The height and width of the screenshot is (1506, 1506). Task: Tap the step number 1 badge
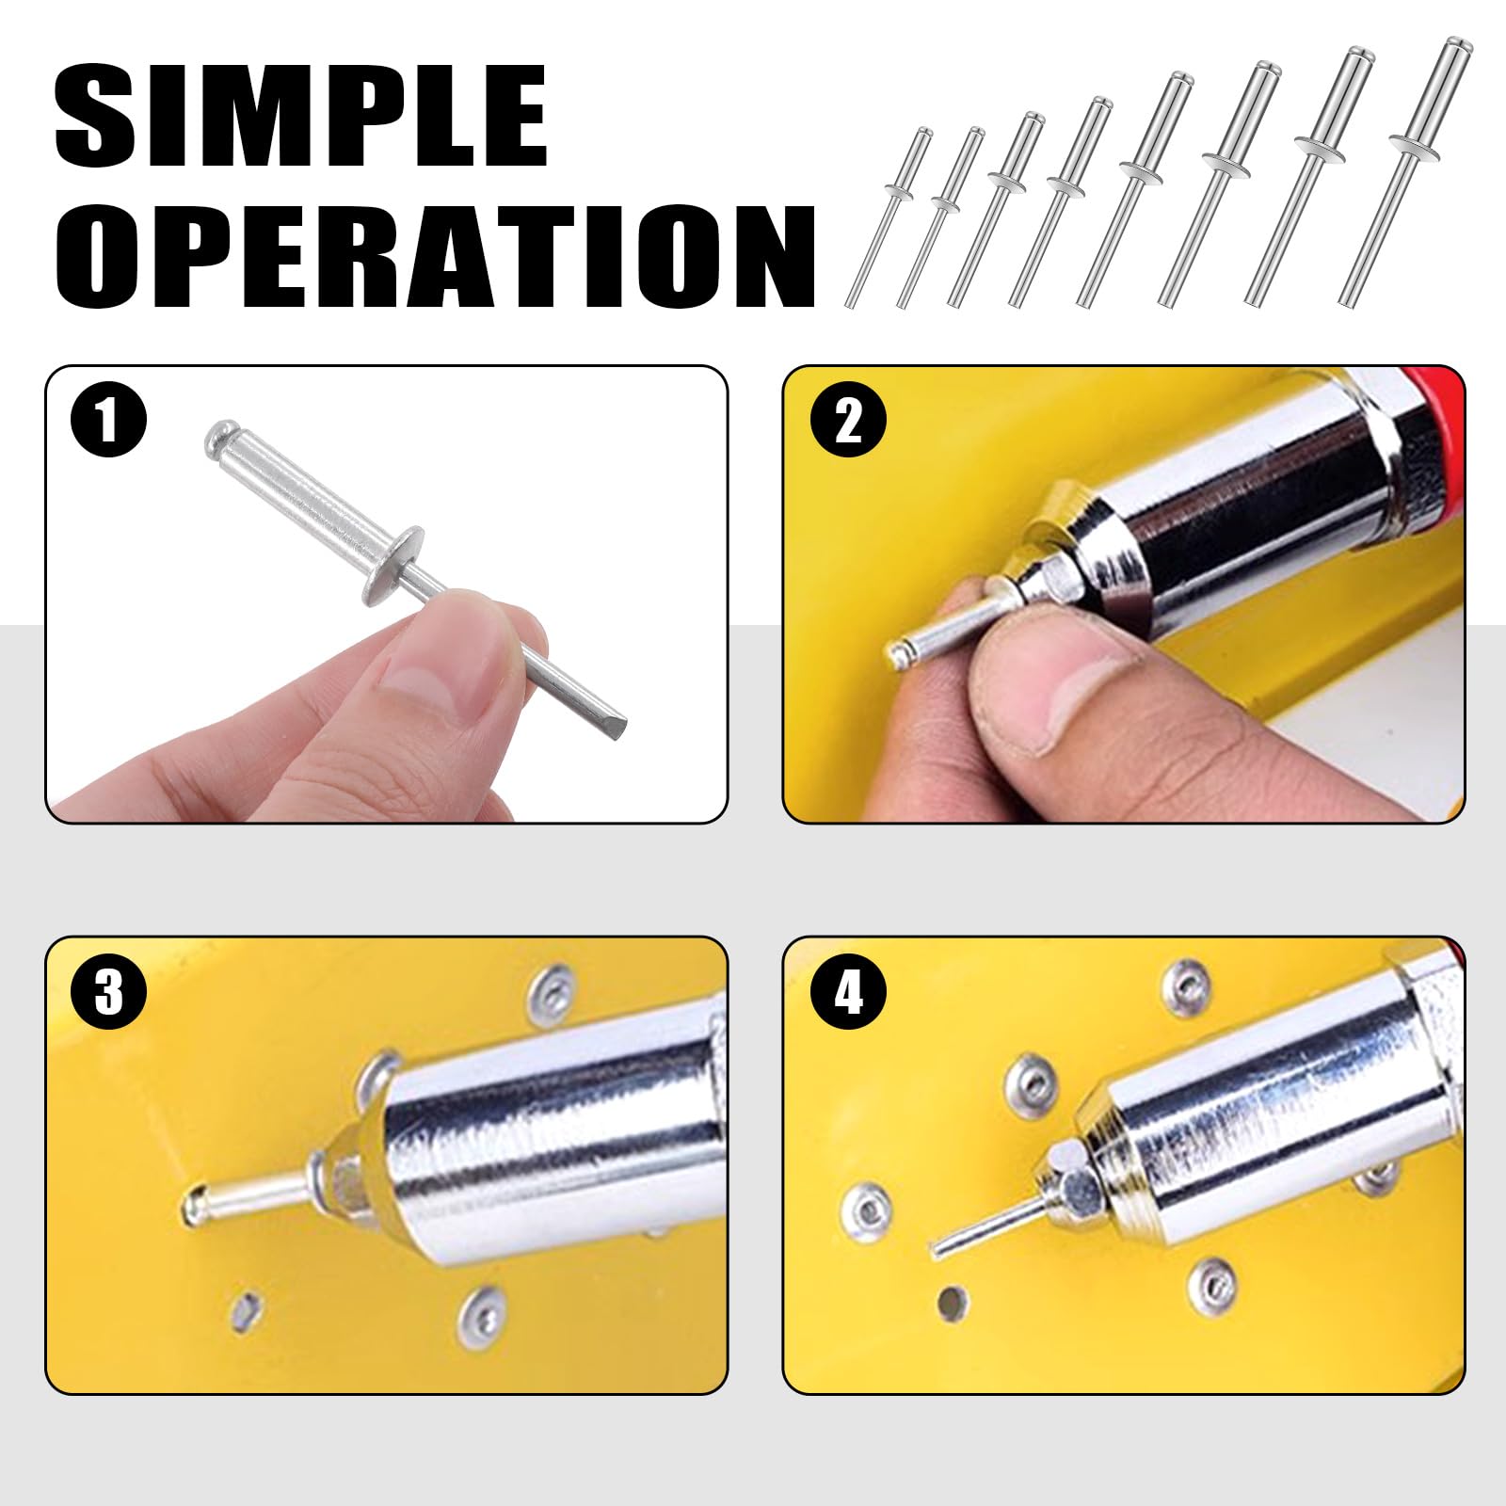(109, 419)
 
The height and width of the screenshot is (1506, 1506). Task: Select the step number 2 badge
(848, 419)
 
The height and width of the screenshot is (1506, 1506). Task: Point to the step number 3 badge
(109, 991)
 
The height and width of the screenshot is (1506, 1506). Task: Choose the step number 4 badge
(848, 991)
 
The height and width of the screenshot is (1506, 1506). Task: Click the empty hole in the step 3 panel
(246, 1307)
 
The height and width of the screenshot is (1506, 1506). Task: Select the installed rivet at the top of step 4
(1185, 985)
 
